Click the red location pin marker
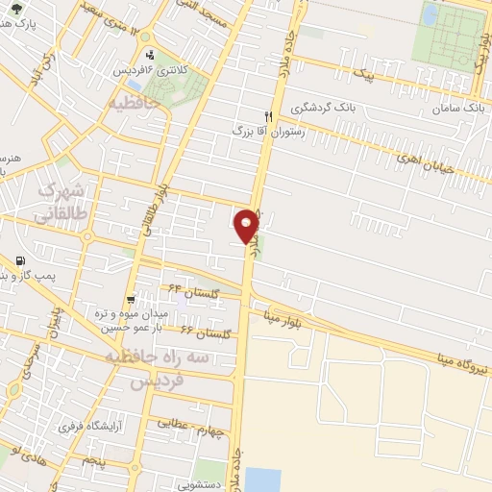point(248,225)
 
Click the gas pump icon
point(19,260)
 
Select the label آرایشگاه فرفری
point(86,425)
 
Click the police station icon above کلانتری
point(150,55)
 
